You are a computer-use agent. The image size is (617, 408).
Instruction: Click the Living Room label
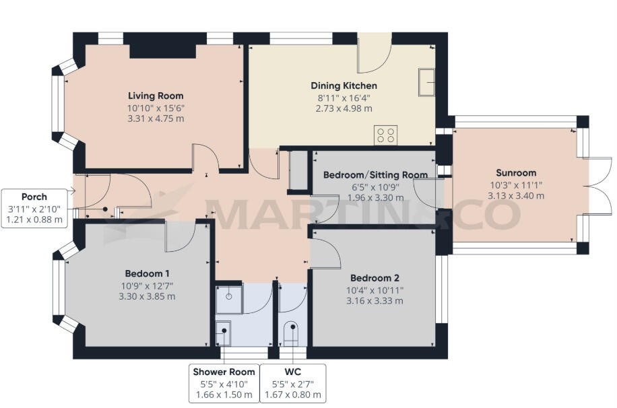tap(156, 96)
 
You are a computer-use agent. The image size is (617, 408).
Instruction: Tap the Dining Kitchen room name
tap(344, 86)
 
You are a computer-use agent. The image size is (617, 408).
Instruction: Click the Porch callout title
tap(34, 197)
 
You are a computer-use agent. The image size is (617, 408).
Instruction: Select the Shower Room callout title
tap(224, 372)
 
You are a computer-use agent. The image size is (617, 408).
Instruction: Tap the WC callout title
tap(292, 372)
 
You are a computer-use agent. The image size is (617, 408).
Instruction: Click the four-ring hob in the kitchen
tap(386, 135)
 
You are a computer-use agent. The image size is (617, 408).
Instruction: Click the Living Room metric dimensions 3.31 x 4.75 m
tap(156, 118)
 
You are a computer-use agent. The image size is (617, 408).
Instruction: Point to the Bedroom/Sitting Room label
tap(375, 175)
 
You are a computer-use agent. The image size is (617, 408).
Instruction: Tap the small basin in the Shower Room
tap(224, 330)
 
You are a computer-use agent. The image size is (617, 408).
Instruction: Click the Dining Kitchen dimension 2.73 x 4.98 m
tap(344, 108)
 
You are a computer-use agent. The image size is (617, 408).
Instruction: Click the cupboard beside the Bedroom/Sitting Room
tap(296, 171)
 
